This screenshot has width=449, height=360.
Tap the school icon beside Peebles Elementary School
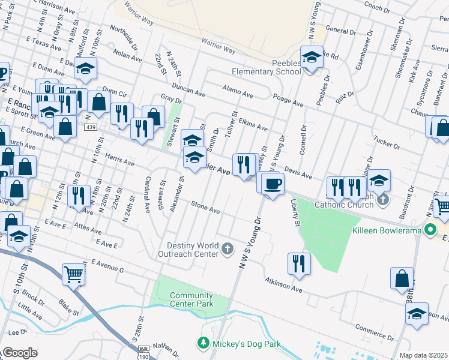coord(312,58)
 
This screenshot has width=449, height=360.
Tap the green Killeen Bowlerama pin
coord(430,229)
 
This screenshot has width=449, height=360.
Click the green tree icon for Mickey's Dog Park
coord(203,343)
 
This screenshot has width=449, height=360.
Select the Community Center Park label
coord(191,299)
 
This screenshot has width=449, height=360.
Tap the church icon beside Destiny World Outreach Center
coord(227,248)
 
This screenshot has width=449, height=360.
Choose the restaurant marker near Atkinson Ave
coord(298,263)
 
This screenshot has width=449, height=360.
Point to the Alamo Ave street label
coord(238,93)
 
